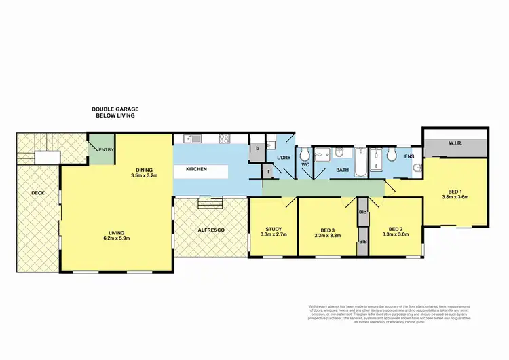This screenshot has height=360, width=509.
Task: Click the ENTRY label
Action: click(105, 149)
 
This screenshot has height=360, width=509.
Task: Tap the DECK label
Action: click(37, 193)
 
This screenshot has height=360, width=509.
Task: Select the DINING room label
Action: click(144, 170)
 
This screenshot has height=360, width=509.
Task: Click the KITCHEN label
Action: click(195, 169)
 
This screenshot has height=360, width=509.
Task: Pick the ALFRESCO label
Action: click(210, 230)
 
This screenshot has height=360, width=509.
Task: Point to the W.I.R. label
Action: click(455, 143)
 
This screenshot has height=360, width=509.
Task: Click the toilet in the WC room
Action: click(304, 154)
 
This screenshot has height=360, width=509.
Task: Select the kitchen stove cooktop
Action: click(225, 139)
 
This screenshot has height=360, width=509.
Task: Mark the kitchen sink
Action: click(192, 139)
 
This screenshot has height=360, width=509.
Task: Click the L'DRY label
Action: click(283, 158)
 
